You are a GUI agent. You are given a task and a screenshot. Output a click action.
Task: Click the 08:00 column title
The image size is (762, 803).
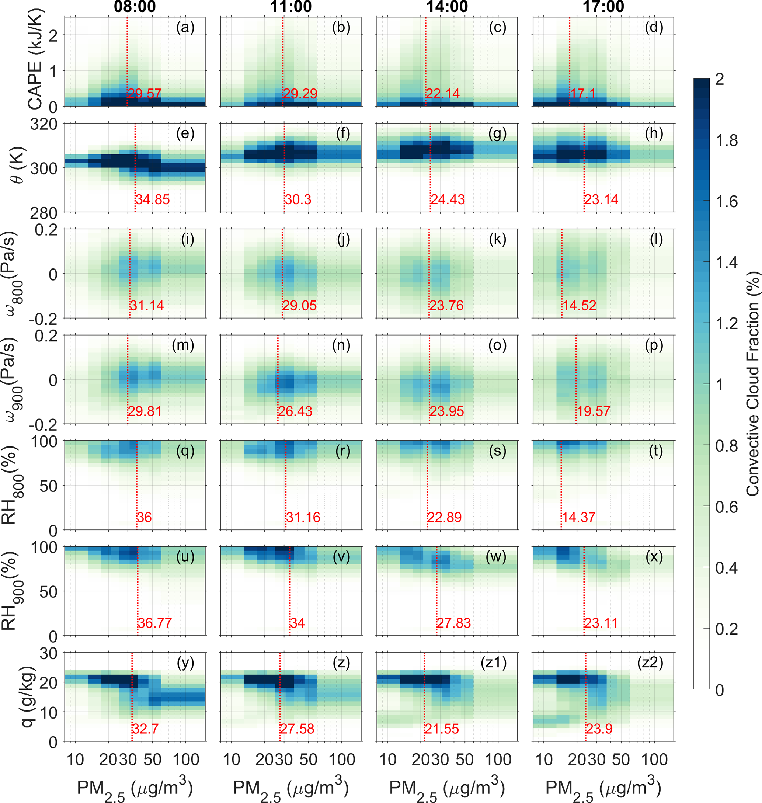[135, 7]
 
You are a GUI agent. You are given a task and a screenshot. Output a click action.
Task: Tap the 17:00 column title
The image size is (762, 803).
[603, 7]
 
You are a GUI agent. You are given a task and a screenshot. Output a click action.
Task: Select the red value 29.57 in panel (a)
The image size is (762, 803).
[145, 94]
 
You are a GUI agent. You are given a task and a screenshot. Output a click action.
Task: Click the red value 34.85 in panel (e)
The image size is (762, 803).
[152, 199]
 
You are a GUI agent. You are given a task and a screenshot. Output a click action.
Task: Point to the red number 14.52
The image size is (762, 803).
[579, 305]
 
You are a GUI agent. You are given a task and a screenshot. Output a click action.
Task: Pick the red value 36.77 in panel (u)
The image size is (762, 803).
[155, 623]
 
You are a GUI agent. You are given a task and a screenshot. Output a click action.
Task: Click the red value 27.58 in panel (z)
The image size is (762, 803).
[297, 728]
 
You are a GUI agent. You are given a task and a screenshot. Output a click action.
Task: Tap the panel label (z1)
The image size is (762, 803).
[494, 663]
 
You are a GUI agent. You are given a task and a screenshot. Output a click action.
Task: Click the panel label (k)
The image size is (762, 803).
[498, 239]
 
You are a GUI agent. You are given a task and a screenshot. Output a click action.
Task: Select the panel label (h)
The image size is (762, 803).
[654, 133]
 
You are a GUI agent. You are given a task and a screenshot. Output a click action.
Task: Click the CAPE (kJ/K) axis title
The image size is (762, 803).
[36, 59]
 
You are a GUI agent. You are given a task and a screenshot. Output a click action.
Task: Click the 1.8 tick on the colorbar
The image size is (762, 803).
[726, 140]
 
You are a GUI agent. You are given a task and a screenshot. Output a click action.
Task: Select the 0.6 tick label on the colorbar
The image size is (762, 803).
[726, 507]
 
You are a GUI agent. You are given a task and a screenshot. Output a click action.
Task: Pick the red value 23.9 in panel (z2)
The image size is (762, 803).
[599, 728]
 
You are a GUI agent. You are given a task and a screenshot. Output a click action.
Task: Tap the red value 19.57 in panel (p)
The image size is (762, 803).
[594, 411]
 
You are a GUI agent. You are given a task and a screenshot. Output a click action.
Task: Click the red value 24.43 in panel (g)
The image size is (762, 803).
[448, 199]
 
